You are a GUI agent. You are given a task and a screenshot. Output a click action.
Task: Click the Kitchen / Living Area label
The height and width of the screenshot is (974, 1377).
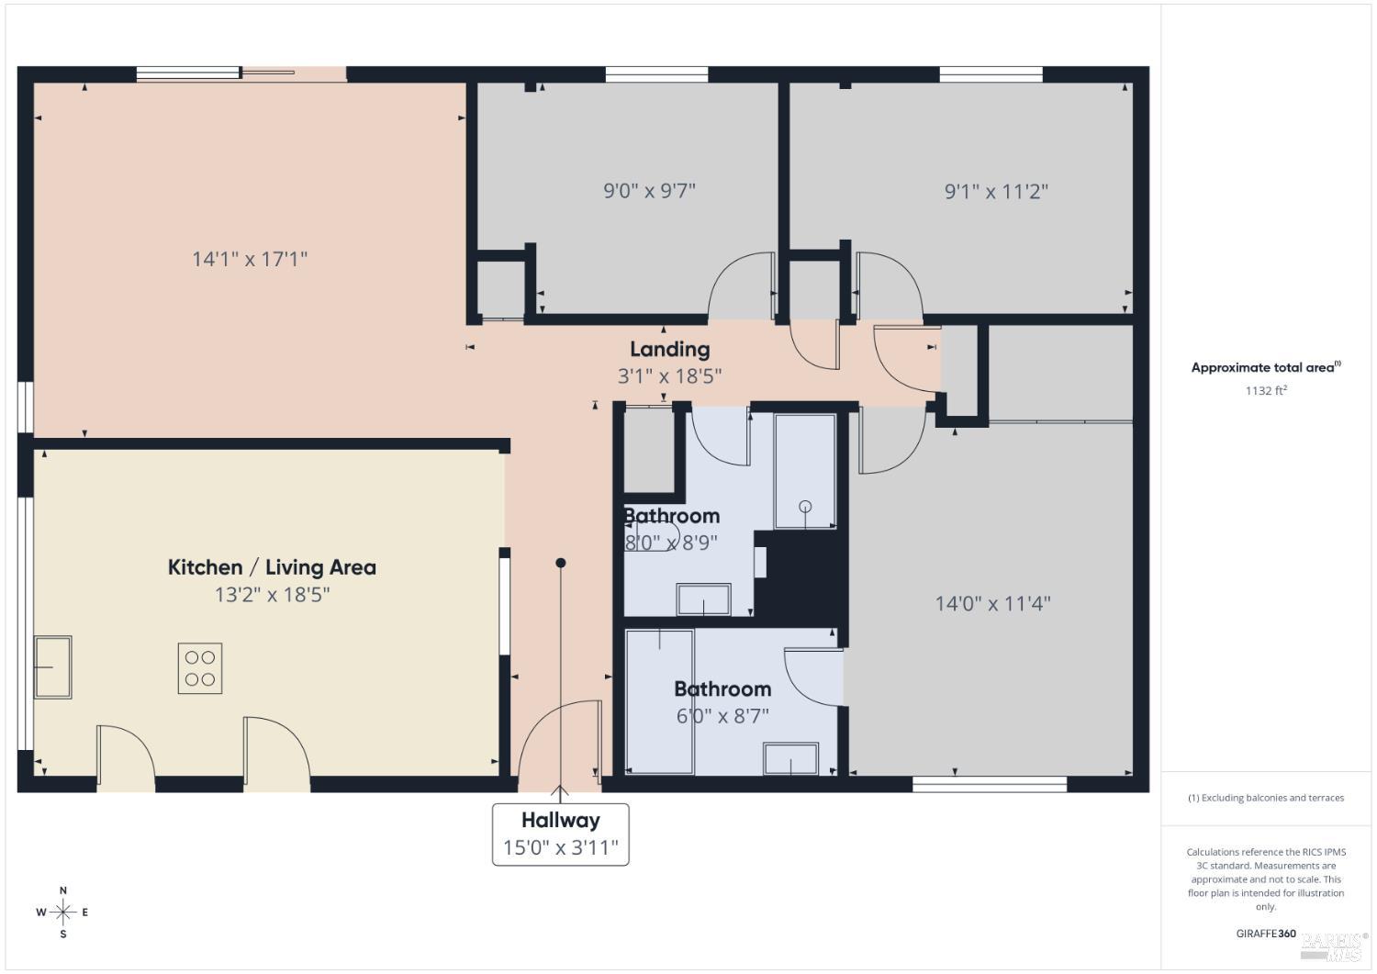[272, 567]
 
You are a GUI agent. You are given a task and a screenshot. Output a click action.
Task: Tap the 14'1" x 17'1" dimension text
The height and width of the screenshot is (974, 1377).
[249, 259]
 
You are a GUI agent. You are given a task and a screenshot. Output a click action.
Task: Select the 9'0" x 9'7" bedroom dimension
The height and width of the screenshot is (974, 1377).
[649, 191]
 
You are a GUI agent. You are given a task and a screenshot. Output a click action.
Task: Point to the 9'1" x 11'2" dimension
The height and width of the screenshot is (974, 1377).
[996, 191]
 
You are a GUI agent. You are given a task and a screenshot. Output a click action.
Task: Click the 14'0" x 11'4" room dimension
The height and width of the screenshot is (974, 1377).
[992, 603]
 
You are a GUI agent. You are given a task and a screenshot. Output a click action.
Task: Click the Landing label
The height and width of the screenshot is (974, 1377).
[669, 349]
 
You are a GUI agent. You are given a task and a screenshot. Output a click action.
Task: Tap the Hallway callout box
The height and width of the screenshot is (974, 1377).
[560, 834]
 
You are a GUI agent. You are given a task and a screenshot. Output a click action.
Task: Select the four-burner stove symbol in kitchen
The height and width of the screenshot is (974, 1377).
[200, 668]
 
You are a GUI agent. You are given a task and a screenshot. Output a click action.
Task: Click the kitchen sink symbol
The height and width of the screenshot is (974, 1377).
[52, 666]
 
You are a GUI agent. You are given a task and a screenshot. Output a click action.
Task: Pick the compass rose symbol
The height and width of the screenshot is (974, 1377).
[63, 912]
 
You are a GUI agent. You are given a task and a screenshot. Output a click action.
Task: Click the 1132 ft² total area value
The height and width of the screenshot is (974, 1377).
[1265, 390]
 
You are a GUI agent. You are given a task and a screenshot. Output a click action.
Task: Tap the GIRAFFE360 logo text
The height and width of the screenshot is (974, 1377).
[1266, 934]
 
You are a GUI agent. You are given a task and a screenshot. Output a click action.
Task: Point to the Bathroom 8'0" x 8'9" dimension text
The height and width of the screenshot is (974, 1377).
[671, 542]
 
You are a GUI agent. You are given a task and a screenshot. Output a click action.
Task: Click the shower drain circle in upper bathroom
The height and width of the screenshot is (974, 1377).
[805, 506]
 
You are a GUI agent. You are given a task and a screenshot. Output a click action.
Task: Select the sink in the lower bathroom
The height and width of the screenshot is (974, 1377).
[790, 758]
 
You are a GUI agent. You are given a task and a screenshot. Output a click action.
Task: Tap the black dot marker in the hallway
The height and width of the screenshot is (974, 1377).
[561, 563]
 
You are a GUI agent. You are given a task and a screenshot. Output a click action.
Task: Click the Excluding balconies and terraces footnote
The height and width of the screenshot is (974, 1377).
[1266, 798]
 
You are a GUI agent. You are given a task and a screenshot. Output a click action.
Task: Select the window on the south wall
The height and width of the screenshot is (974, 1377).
[990, 784]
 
